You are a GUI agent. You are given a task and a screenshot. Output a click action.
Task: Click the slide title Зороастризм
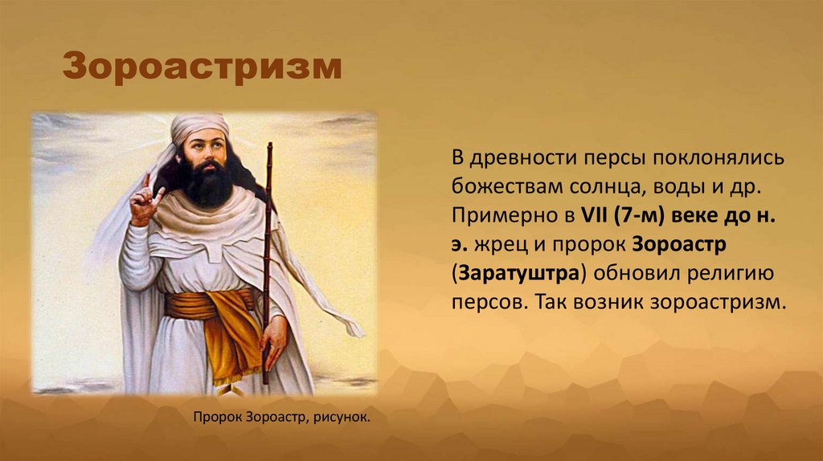(203, 67)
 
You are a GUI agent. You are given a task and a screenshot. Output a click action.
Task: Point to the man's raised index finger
(146, 179)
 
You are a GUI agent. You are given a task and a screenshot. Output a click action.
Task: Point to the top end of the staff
(268, 145)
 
